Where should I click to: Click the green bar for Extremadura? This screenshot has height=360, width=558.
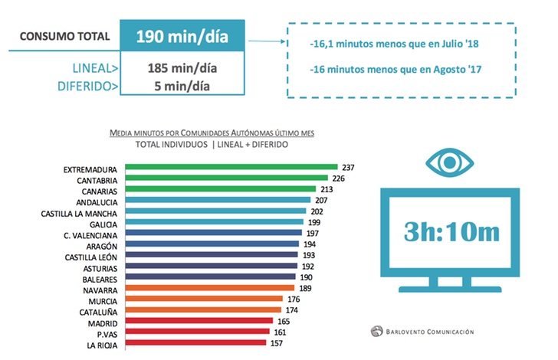click(x=230, y=167)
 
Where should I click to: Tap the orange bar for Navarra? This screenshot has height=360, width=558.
click(x=207, y=289)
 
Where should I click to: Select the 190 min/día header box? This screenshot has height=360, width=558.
click(x=182, y=36)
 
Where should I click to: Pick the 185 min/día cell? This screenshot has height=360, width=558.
click(x=182, y=68)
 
